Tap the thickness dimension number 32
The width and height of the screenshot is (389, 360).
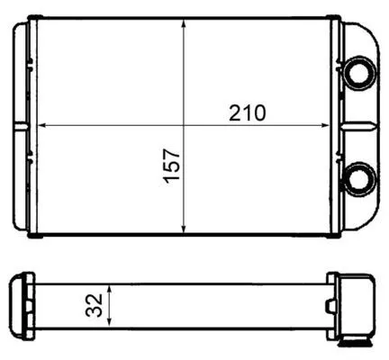(x=93, y=305)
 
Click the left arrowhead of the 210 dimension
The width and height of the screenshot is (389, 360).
(x=40, y=125)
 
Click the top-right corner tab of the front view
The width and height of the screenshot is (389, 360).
(x=335, y=17)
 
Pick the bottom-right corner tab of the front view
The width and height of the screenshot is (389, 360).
(x=335, y=238)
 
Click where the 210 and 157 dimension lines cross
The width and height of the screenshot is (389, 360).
(x=184, y=125)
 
